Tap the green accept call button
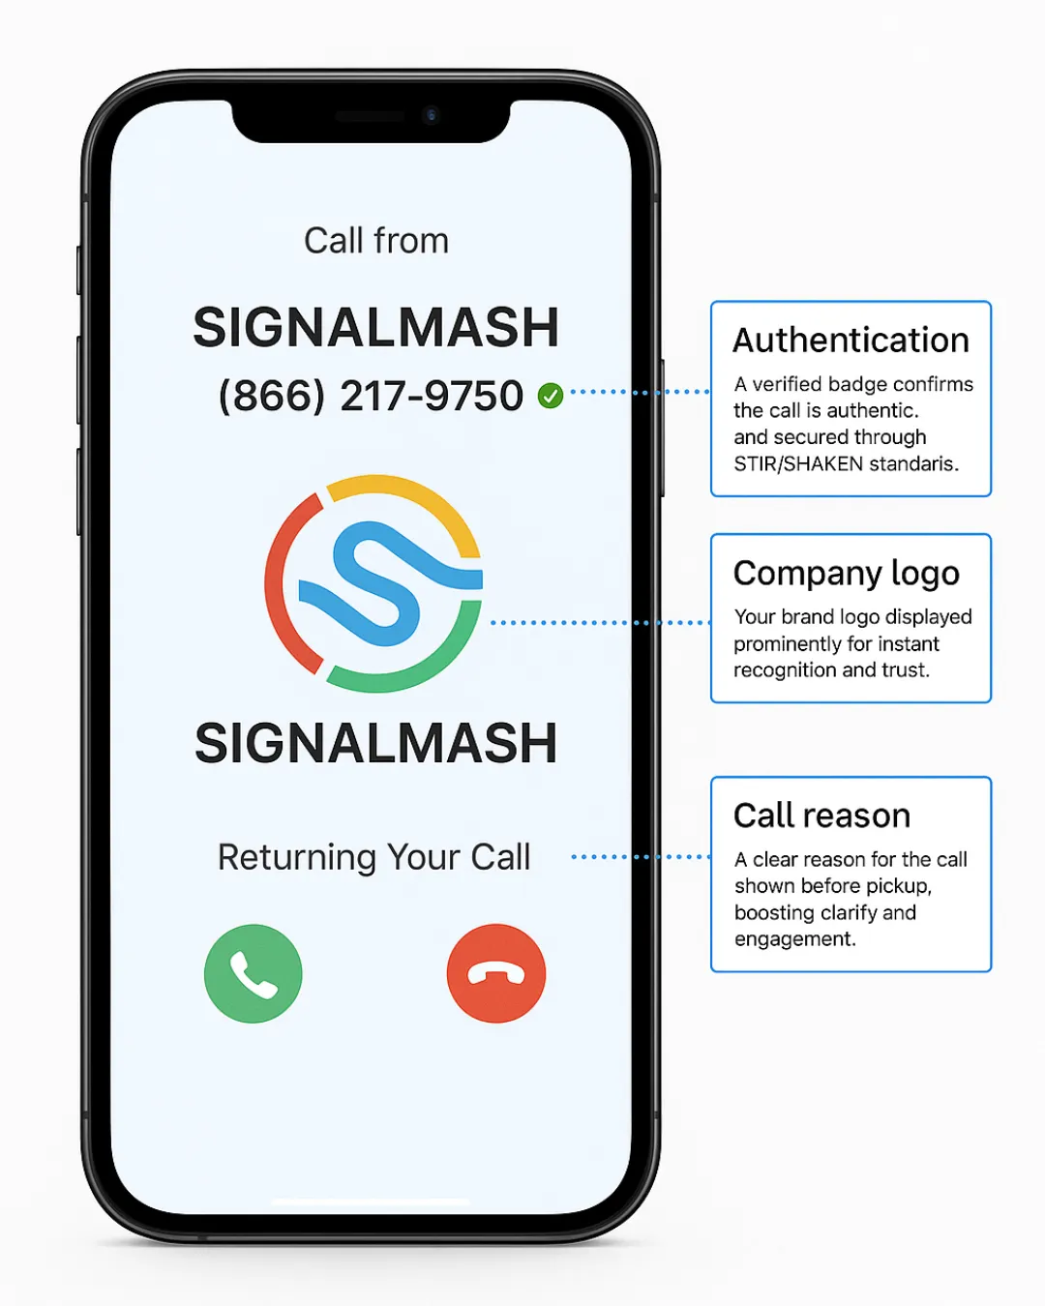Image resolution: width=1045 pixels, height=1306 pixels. pyautogui.click(x=254, y=973)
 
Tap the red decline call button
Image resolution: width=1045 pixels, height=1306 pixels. pyautogui.click(x=496, y=973)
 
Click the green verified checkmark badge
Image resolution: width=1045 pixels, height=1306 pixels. pyautogui.click(x=551, y=395)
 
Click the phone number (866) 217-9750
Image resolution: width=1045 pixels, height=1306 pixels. pyautogui.click(x=371, y=396)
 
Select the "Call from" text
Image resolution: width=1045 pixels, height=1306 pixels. pyautogui.click(x=376, y=241)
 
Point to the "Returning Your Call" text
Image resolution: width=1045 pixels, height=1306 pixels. pyautogui.click(x=373, y=857)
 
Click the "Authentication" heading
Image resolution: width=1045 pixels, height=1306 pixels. pyautogui.click(x=851, y=341)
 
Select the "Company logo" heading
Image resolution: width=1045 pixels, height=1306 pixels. pyautogui.click(x=847, y=574)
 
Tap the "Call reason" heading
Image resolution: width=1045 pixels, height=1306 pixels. pyautogui.click(x=821, y=816)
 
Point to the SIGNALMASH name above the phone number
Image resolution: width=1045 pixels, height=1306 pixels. pyautogui.click(x=375, y=327)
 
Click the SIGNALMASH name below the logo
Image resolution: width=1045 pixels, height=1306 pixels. pyautogui.click(x=375, y=743)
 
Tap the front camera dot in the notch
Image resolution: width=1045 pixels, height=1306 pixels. pyautogui.click(x=432, y=116)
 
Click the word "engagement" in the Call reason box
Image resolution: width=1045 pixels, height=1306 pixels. pyautogui.click(x=793, y=939)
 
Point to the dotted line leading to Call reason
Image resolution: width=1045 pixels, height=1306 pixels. pyautogui.click(x=641, y=857)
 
